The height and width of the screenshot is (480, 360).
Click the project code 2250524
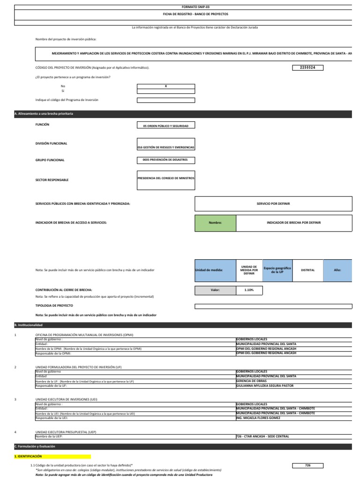point(307,68)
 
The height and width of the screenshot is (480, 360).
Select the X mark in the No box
point(165,86)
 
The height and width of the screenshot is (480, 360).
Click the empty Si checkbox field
point(165,91)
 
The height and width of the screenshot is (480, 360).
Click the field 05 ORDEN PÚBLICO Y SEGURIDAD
point(165,126)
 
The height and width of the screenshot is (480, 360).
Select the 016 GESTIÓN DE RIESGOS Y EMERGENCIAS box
point(165,145)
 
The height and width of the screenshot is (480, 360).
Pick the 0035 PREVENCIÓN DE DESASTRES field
point(165,160)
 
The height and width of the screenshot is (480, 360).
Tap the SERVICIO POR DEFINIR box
point(273,204)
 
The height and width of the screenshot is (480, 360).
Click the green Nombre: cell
point(216,223)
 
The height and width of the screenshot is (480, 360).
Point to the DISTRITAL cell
point(307,270)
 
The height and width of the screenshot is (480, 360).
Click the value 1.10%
point(249,290)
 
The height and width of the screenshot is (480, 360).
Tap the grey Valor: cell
point(216,290)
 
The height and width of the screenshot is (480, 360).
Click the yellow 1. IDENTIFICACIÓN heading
point(52,456)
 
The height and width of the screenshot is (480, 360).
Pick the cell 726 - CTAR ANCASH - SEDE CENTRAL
point(262,436)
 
